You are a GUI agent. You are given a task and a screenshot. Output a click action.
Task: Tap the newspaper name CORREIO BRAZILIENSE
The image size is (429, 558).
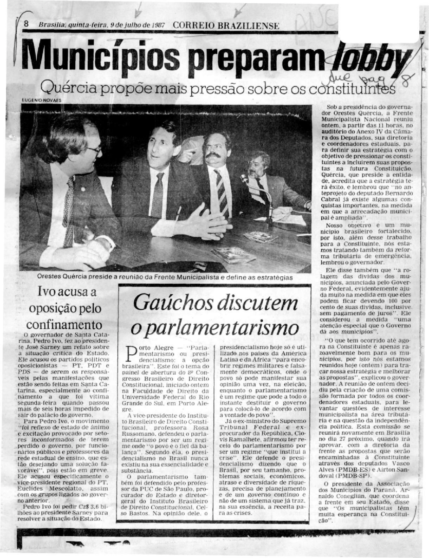coord(226,26)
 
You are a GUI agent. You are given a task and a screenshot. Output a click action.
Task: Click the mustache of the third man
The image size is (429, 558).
coord(214,154)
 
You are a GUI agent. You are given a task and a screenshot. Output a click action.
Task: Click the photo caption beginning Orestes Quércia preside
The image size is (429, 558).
coord(164,278)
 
